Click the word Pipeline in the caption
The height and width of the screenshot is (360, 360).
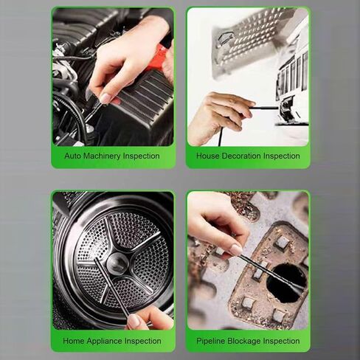(211, 341)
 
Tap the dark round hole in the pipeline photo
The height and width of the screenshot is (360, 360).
(286, 283)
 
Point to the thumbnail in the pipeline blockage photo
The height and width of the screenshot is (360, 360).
(235, 250)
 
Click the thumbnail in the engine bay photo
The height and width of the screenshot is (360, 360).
(105, 98)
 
